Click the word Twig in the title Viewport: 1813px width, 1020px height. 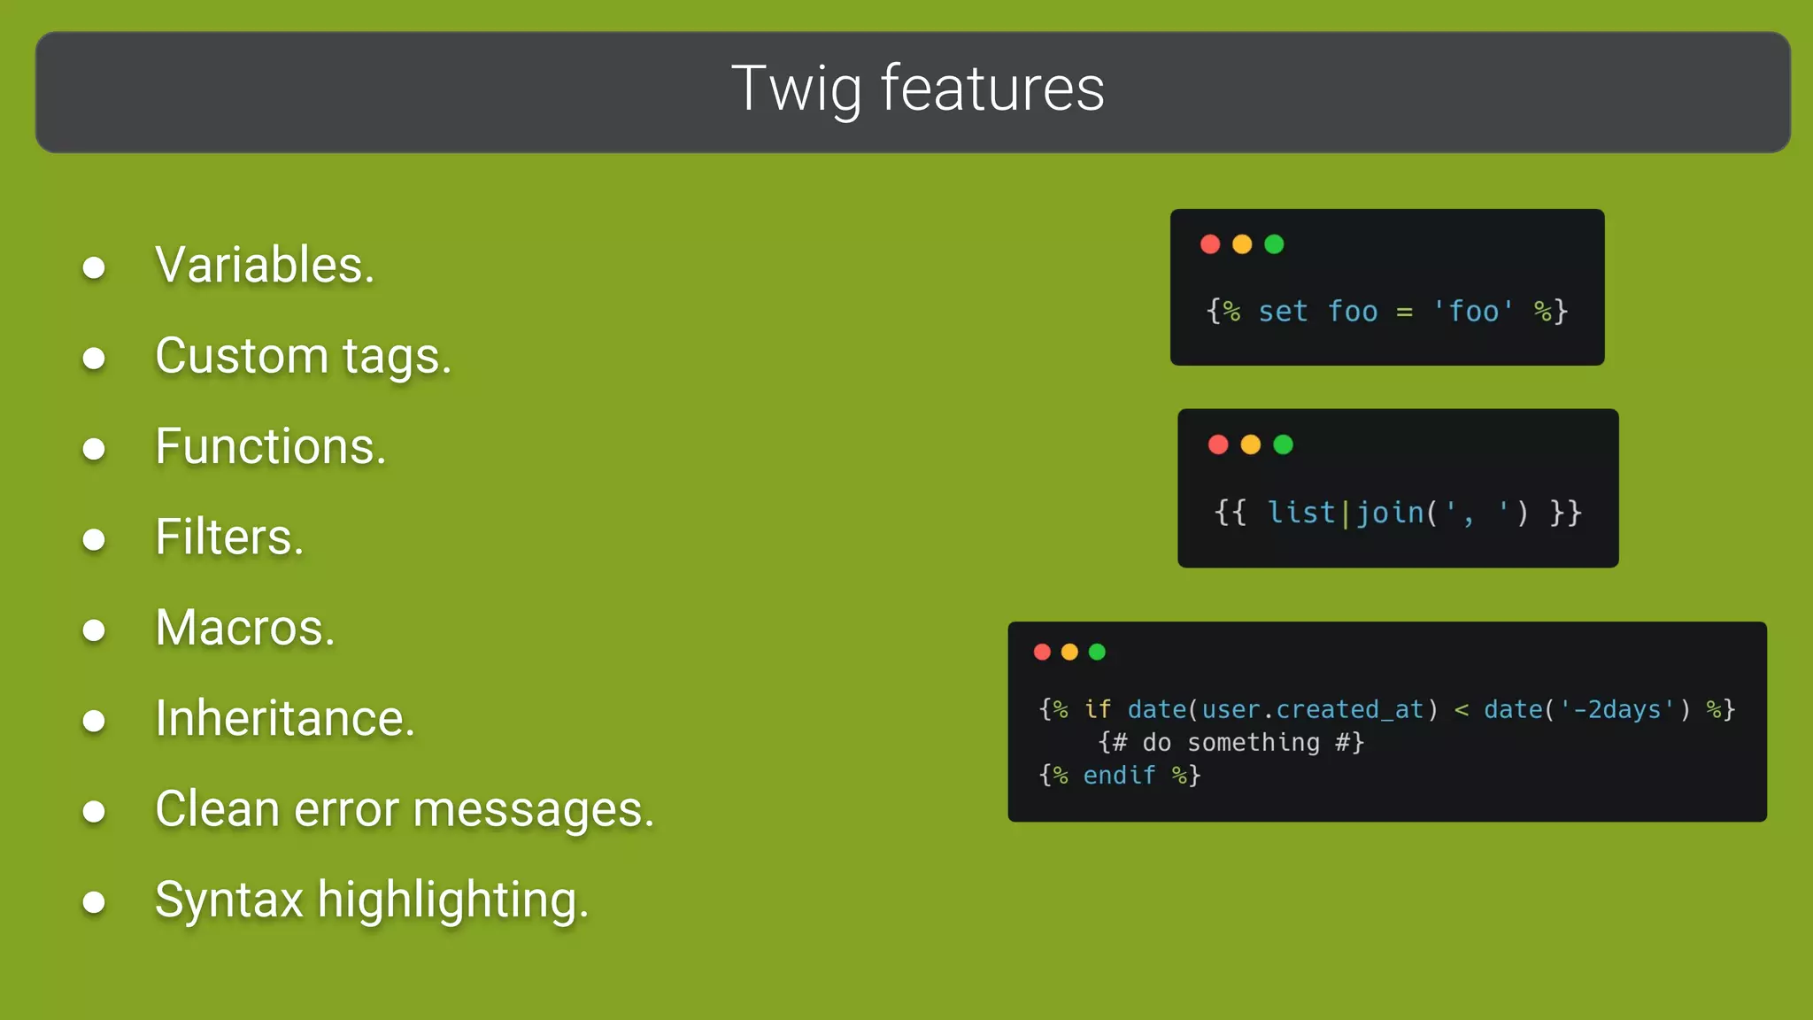click(x=795, y=89)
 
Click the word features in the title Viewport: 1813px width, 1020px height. click(x=992, y=89)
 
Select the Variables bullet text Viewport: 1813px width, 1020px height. click(x=265, y=265)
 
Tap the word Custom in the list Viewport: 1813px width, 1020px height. click(x=242, y=356)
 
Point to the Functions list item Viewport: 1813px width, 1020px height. click(x=270, y=446)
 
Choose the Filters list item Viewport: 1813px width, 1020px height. click(x=229, y=537)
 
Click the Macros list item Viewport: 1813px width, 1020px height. click(x=245, y=628)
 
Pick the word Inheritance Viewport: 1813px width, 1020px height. click(x=284, y=718)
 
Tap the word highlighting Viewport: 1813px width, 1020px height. click(x=452, y=900)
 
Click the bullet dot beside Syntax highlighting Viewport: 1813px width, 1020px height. click(x=94, y=902)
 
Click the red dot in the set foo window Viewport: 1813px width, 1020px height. click(x=1210, y=244)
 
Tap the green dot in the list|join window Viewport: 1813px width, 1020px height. click(x=1283, y=444)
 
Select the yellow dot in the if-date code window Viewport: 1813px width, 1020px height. click(x=1069, y=652)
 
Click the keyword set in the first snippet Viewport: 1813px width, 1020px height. click(x=1283, y=312)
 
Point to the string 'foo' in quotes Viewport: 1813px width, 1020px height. click(x=1473, y=312)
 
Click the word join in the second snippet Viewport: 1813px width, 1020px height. click(x=1390, y=513)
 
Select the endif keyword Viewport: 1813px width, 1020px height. click(x=1119, y=776)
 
